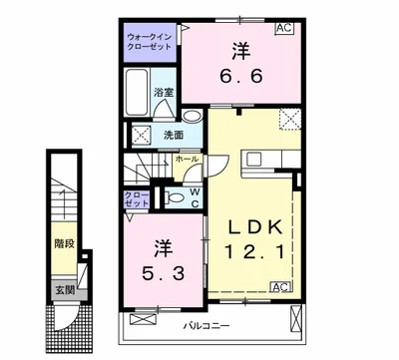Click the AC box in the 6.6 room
284,28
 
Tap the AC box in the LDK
281,287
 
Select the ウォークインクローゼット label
150,42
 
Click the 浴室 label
164,93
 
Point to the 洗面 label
174,135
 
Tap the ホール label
187,159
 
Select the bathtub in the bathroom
137,93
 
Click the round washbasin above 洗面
192,117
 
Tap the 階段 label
64,244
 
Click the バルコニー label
206,325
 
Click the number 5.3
163,273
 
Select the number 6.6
241,76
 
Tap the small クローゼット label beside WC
137,198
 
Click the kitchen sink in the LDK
255,160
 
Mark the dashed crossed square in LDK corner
289,119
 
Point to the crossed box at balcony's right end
295,318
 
